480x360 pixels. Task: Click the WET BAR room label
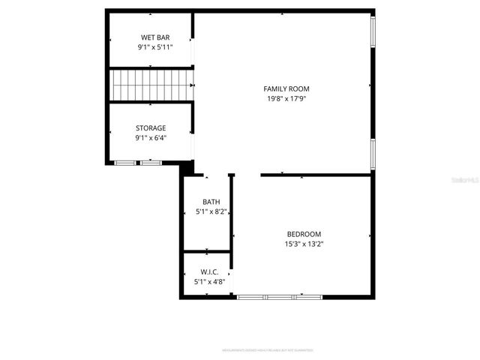pyautogui.click(x=151, y=37)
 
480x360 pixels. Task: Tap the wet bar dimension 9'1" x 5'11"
pyautogui.click(x=151, y=47)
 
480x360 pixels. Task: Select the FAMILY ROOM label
pyautogui.click(x=286, y=88)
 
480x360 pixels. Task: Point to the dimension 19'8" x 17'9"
pyautogui.click(x=286, y=98)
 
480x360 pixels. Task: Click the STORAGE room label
pyautogui.click(x=151, y=128)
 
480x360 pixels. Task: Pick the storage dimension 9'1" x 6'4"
pyautogui.click(x=151, y=138)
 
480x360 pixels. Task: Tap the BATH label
pyautogui.click(x=211, y=202)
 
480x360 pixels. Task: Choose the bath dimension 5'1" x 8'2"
pyautogui.click(x=211, y=211)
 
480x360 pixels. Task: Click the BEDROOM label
pyautogui.click(x=304, y=233)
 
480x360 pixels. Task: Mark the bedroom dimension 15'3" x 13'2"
pyautogui.click(x=304, y=243)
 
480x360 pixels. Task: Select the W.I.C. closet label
pyautogui.click(x=209, y=271)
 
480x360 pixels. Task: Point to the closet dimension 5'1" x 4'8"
pyautogui.click(x=209, y=281)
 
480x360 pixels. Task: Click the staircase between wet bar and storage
pyautogui.click(x=151, y=85)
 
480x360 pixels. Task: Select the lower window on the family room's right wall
pyautogui.click(x=372, y=154)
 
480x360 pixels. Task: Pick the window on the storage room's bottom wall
pyautogui.click(x=138, y=162)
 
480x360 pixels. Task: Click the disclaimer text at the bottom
pyautogui.click(x=267, y=350)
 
